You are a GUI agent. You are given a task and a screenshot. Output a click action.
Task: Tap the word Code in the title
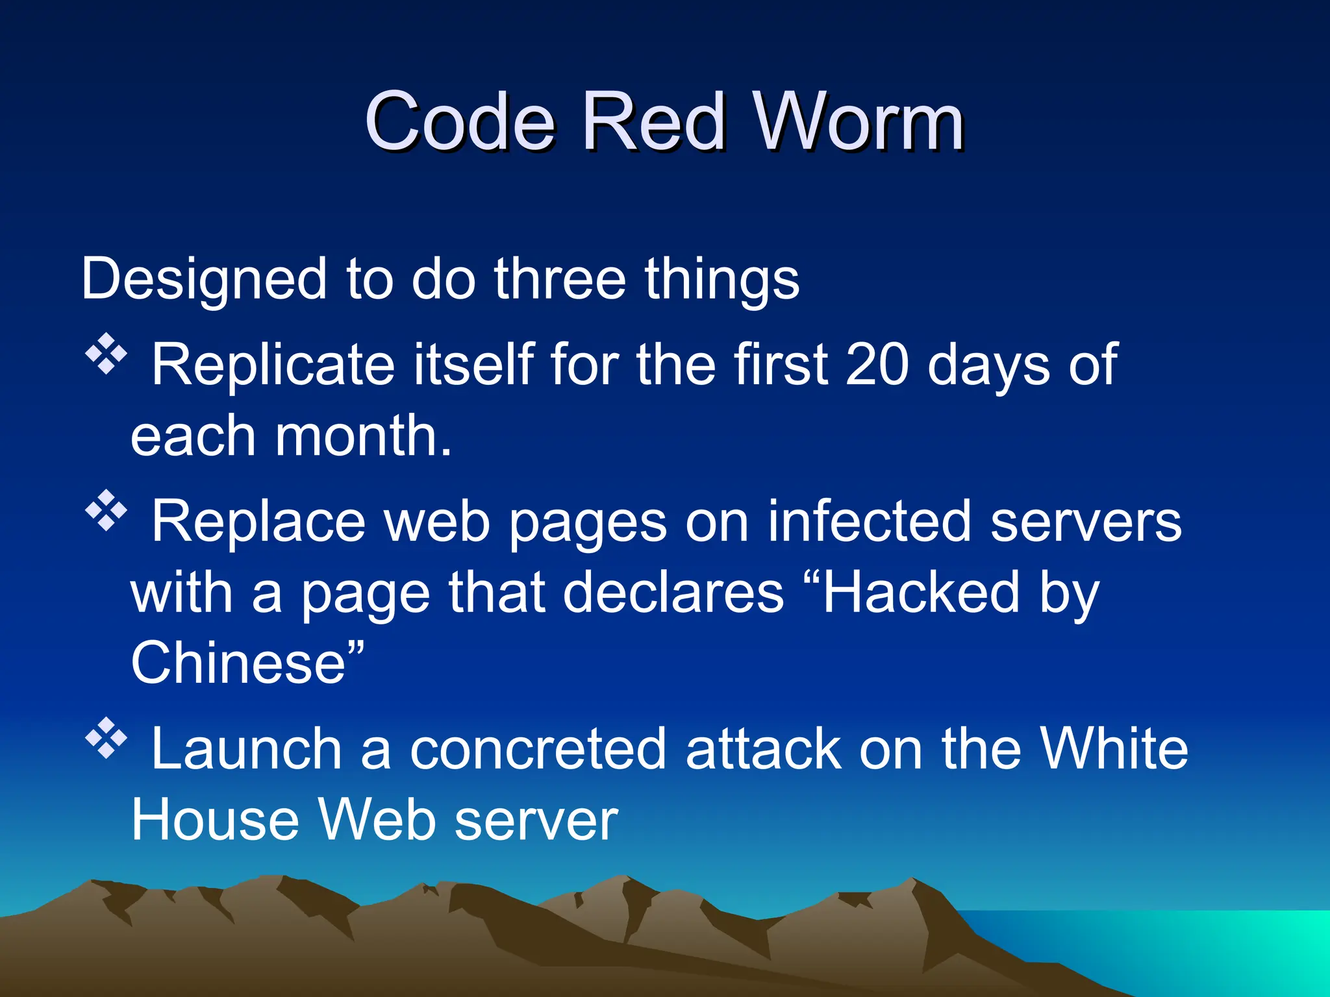[460, 121]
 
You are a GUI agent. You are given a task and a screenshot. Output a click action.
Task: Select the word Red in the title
[652, 121]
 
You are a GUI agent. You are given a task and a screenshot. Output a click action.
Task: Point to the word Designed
[203, 279]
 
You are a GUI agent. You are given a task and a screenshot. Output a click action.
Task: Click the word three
[559, 279]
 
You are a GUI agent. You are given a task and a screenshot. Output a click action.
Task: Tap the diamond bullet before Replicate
[106, 354]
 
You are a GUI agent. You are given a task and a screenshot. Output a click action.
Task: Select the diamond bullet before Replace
[106, 511]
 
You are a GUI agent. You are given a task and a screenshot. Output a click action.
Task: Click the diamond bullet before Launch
[106, 739]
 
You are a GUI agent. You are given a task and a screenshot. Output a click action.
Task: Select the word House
[215, 820]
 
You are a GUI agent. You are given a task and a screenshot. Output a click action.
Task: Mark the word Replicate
[273, 364]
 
